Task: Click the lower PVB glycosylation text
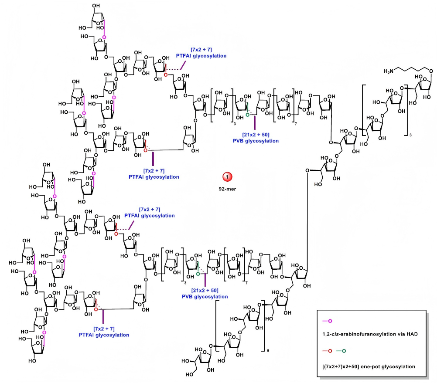(x=205, y=297)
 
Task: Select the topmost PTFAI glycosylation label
(x=201, y=55)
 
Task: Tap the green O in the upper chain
(x=247, y=115)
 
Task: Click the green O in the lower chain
(x=198, y=274)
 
